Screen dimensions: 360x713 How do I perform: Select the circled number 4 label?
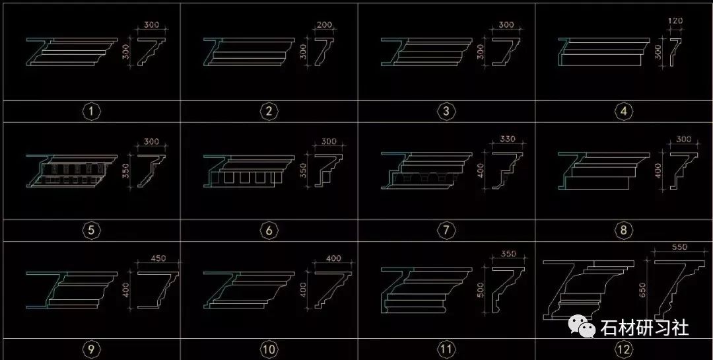click(624, 112)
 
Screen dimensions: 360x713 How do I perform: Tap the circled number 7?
click(446, 231)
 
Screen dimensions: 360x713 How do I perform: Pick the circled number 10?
click(268, 349)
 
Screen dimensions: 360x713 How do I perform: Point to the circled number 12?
click(623, 349)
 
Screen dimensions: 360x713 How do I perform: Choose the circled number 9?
click(91, 349)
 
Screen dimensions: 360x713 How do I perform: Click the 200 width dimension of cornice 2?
click(325, 24)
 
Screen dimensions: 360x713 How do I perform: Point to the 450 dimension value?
click(159, 258)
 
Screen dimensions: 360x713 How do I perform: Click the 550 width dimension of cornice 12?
click(680, 247)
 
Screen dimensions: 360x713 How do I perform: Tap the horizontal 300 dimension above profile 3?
click(506, 24)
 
